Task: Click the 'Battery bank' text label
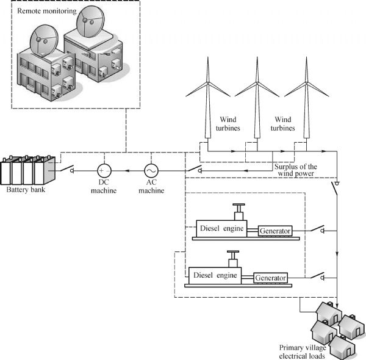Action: click(27, 190)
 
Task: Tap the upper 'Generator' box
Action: click(275, 231)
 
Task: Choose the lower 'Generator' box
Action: click(270, 278)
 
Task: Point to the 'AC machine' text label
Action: click(151, 187)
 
